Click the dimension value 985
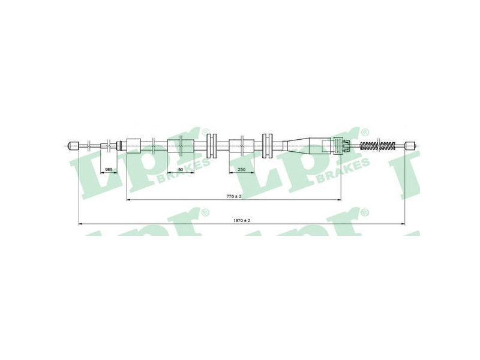tap(109, 169)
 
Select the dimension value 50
tap(181, 169)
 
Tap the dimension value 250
tap(242, 169)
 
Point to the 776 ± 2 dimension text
tap(234, 196)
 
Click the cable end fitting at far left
tap(74, 145)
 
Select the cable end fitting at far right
tap(410, 145)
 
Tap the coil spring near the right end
tap(379, 146)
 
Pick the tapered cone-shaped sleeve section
tap(296, 145)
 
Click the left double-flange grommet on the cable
tap(212, 145)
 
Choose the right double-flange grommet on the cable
tap(267, 145)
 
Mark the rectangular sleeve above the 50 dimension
tap(181, 146)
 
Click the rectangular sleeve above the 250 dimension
tap(242, 146)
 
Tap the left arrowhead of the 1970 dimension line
tap(81, 224)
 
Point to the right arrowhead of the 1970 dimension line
tap(403, 224)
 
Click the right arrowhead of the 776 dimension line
tap(338, 200)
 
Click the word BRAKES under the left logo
tap(183, 173)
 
